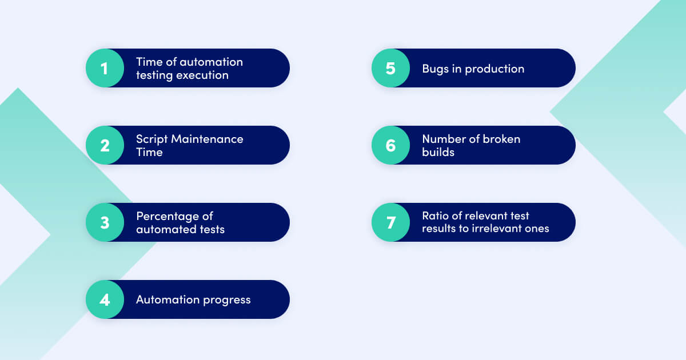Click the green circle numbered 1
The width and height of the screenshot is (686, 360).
pyautogui.click(x=105, y=68)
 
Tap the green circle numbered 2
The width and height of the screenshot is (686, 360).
pyautogui.click(x=105, y=145)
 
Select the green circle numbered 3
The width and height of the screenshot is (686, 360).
pyautogui.click(x=105, y=222)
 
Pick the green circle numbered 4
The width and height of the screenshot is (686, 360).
pyautogui.click(x=105, y=299)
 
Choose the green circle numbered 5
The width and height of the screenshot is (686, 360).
pyautogui.click(x=390, y=68)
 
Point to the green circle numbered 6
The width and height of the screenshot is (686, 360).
pyautogui.click(x=390, y=145)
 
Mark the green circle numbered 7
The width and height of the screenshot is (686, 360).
pyautogui.click(x=390, y=222)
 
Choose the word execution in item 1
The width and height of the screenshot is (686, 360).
pyautogui.click(x=203, y=75)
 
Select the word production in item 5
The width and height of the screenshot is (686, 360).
pyautogui.click(x=494, y=69)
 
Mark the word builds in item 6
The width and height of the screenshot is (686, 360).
pyautogui.click(x=438, y=152)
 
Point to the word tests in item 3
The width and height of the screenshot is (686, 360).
pyautogui.click(x=211, y=229)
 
